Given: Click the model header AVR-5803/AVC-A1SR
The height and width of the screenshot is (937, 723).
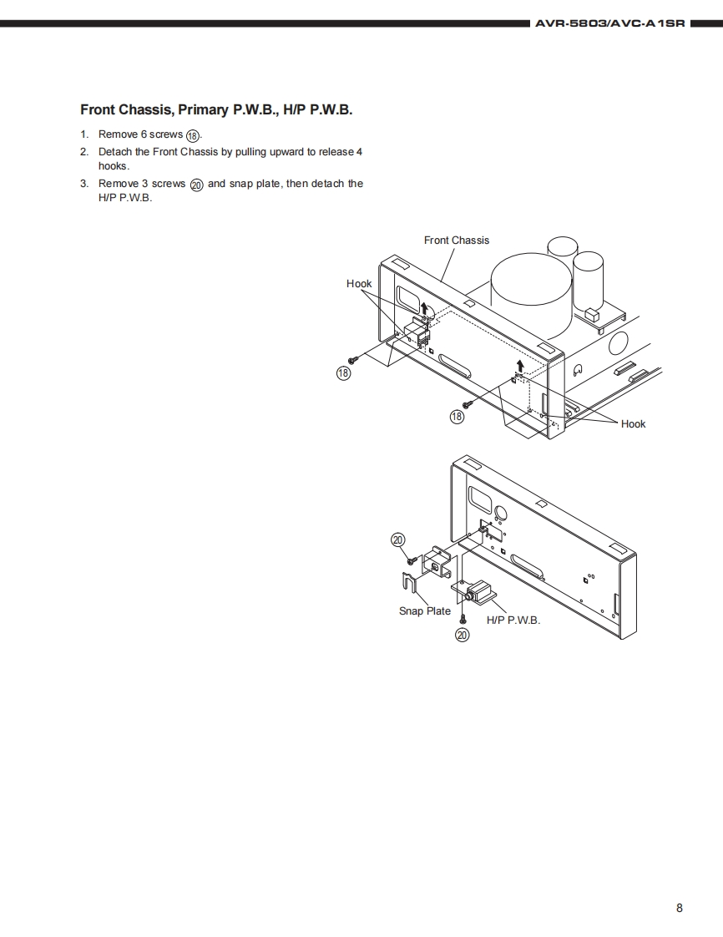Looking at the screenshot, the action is [610, 24].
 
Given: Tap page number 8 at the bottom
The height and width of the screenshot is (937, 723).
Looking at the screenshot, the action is [679, 908].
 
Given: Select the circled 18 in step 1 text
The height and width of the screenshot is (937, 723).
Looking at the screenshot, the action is [193, 135].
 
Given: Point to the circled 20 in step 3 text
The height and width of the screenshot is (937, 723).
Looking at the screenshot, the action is [197, 185].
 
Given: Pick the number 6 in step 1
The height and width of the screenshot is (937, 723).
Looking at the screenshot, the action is [144, 134].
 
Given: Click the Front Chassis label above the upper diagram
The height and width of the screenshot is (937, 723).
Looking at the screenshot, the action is [457, 241].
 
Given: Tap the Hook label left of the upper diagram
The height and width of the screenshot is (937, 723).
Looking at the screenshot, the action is [359, 284].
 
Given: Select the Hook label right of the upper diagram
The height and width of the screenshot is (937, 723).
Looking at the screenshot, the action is [633, 423].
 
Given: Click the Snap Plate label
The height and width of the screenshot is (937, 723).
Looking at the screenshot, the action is [425, 610].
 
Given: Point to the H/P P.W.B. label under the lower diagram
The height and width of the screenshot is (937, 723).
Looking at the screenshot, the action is [513, 620].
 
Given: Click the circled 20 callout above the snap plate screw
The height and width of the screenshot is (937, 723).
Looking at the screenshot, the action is [398, 539].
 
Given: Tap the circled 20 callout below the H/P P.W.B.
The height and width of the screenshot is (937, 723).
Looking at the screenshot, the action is [463, 636].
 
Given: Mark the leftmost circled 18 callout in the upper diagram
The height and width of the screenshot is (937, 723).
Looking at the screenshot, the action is [344, 373].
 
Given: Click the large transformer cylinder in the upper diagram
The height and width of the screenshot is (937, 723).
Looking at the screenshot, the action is [531, 291].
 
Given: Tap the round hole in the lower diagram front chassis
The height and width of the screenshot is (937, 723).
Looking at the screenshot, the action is [501, 513].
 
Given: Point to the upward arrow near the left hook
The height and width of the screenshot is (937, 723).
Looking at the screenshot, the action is [424, 309].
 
